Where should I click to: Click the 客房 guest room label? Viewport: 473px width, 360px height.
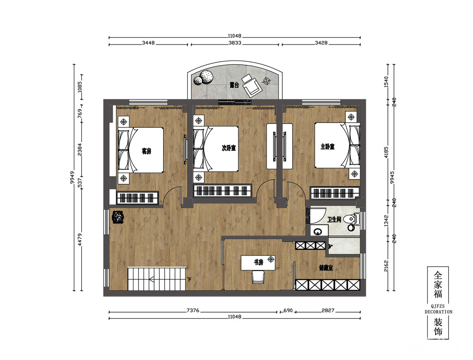pyautogui.click(x=146, y=151)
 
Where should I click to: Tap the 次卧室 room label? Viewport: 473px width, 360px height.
pyautogui.click(x=228, y=148)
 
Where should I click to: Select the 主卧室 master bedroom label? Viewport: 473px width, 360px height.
pyautogui.click(x=328, y=147)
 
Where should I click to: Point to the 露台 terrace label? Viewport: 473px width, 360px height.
pyautogui.click(x=234, y=85)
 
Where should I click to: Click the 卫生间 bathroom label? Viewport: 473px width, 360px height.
pyautogui.click(x=334, y=220)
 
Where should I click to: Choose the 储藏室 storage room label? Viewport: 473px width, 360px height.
pyautogui.click(x=326, y=268)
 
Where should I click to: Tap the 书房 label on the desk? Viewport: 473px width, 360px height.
pyautogui.click(x=259, y=263)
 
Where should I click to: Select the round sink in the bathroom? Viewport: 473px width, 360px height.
pyautogui.click(x=317, y=232)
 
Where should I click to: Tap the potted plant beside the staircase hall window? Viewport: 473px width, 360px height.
pyautogui.click(x=118, y=217)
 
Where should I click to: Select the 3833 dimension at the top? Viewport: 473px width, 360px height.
pyautogui.click(x=235, y=43)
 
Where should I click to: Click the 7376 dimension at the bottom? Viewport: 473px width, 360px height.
pyautogui.click(x=193, y=310)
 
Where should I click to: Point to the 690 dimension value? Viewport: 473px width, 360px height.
pyautogui.click(x=288, y=310)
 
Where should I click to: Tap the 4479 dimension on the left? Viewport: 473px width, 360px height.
pyautogui.click(x=79, y=239)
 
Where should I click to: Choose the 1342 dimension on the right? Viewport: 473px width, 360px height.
pyautogui.click(x=386, y=221)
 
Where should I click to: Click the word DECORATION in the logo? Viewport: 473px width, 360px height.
pyautogui.click(x=438, y=312)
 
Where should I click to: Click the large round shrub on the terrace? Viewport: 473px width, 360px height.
pyautogui.click(x=206, y=77)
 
